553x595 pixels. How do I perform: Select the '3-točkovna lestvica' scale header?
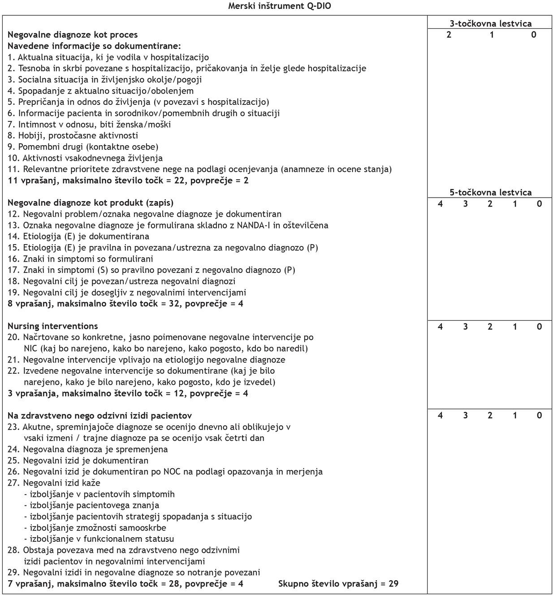click(x=490, y=24)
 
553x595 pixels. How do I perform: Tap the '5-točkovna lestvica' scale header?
click(x=490, y=192)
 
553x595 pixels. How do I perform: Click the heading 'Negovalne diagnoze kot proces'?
click(x=73, y=34)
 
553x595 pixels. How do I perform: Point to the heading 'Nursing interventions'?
click(x=52, y=326)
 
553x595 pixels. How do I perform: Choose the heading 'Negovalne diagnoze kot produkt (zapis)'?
click(x=91, y=203)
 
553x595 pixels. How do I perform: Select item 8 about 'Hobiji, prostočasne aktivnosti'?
click(x=73, y=135)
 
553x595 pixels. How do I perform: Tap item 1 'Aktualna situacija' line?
click(x=108, y=57)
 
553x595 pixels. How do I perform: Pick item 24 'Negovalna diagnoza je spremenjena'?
click(x=87, y=449)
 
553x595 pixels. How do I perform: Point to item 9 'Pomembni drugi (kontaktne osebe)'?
click(x=83, y=147)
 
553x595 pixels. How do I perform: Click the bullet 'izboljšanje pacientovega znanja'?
click(x=92, y=505)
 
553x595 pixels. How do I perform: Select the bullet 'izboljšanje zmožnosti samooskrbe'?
click(x=95, y=527)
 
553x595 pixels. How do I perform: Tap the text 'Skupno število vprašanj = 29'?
click(x=338, y=583)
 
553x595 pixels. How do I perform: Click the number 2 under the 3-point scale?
click(x=449, y=34)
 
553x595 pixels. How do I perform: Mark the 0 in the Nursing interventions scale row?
click(x=539, y=327)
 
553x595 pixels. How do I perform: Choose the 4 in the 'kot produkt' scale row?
click(x=440, y=203)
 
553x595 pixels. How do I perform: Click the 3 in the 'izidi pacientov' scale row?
click(x=465, y=415)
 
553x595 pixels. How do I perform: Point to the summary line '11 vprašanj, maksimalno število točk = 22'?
click(x=128, y=180)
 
